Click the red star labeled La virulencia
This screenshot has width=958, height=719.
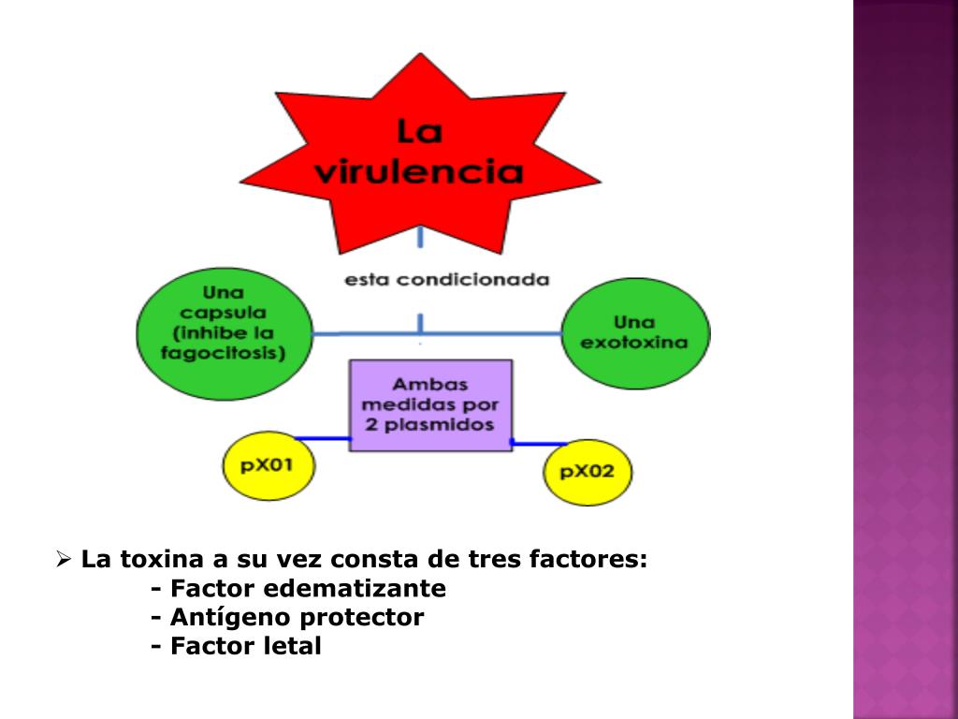point(419,154)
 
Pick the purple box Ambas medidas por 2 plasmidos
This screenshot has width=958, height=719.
point(430,405)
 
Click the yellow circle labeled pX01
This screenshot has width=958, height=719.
point(269,465)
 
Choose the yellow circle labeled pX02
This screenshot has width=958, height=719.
point(588,471)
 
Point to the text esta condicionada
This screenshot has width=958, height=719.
point(446,280)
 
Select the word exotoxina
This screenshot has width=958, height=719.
point(634,343)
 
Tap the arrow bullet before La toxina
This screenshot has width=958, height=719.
point(64,561)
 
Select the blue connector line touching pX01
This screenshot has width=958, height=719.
point(322,438)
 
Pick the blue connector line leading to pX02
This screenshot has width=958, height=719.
point(540,443)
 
